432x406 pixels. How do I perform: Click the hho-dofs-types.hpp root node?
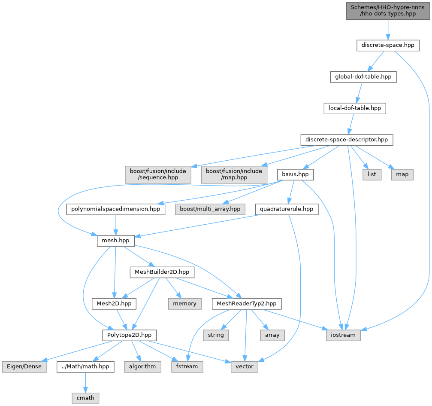[388, 10]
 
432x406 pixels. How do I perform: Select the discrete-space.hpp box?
[388, 45]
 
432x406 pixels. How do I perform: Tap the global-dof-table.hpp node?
[363, 77]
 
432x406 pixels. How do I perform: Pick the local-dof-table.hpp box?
[355, 108]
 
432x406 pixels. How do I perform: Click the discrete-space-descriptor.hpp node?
[347, 140]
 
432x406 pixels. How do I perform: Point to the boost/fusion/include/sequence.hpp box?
[158, 174]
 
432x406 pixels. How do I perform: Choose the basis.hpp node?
[295, 174]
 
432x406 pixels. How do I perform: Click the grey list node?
[372, 174]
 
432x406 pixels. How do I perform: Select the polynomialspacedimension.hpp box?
[116, 209]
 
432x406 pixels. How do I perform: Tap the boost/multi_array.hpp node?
[210, 209]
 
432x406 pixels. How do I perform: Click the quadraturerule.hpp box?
[287, 209]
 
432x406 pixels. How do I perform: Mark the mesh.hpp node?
[116, 241]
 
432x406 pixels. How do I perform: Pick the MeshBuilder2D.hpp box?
[162, 272]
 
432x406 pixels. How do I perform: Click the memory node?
[185, 304]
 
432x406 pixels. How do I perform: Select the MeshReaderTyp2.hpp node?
[247, 304]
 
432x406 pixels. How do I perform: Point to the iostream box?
[343, 335]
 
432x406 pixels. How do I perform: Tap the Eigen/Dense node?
[24, 366]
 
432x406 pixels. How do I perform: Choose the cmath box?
[85, 398]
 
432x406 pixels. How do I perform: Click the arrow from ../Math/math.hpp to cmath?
[85, 382]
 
